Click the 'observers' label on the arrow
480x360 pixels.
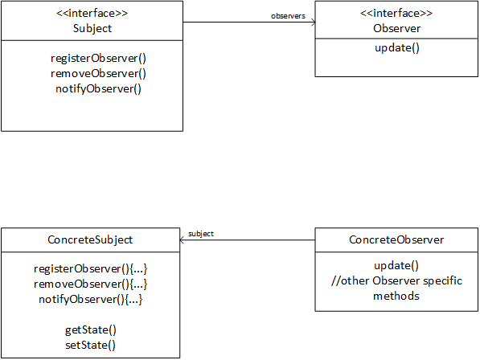click(288, 16)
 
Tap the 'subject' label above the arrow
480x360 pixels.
click(201, 234)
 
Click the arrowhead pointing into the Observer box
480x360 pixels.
click(313, 22)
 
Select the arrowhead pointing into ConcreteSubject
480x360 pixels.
click(182, 240)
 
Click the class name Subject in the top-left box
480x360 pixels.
click(92, 28)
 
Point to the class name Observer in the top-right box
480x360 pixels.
click(396, 28)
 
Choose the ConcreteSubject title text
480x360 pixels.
click(90, 239)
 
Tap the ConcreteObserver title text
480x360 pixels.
click(396, 239)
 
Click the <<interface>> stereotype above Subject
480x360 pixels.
click(92, 13)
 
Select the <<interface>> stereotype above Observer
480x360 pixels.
click(396, 13)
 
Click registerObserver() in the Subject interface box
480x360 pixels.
click(98, 58)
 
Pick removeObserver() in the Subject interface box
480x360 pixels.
click(98, 73)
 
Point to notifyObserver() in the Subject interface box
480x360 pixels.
click(98, 88)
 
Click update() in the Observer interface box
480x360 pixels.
click(397, 48)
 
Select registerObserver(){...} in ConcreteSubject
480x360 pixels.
click(91, 269)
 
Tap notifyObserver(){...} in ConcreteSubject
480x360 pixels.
click(91, 300)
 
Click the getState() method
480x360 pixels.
click(91, 330)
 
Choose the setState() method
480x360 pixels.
click(91, 346)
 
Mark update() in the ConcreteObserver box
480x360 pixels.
click(396, 266)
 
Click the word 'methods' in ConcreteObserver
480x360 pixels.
click(396, 296)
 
